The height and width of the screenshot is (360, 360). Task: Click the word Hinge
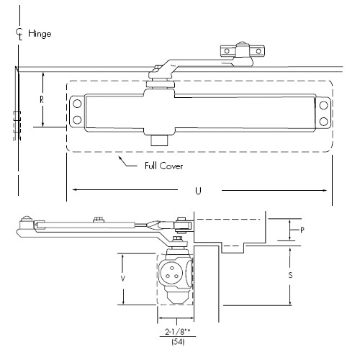click(40, 34)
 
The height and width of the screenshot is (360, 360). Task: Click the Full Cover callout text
click(163, 166)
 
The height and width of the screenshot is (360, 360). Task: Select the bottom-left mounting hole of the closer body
click(76, 120)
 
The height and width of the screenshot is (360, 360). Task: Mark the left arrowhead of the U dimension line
click(73, 190)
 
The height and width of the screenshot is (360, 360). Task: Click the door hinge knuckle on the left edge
click(16, 124)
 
